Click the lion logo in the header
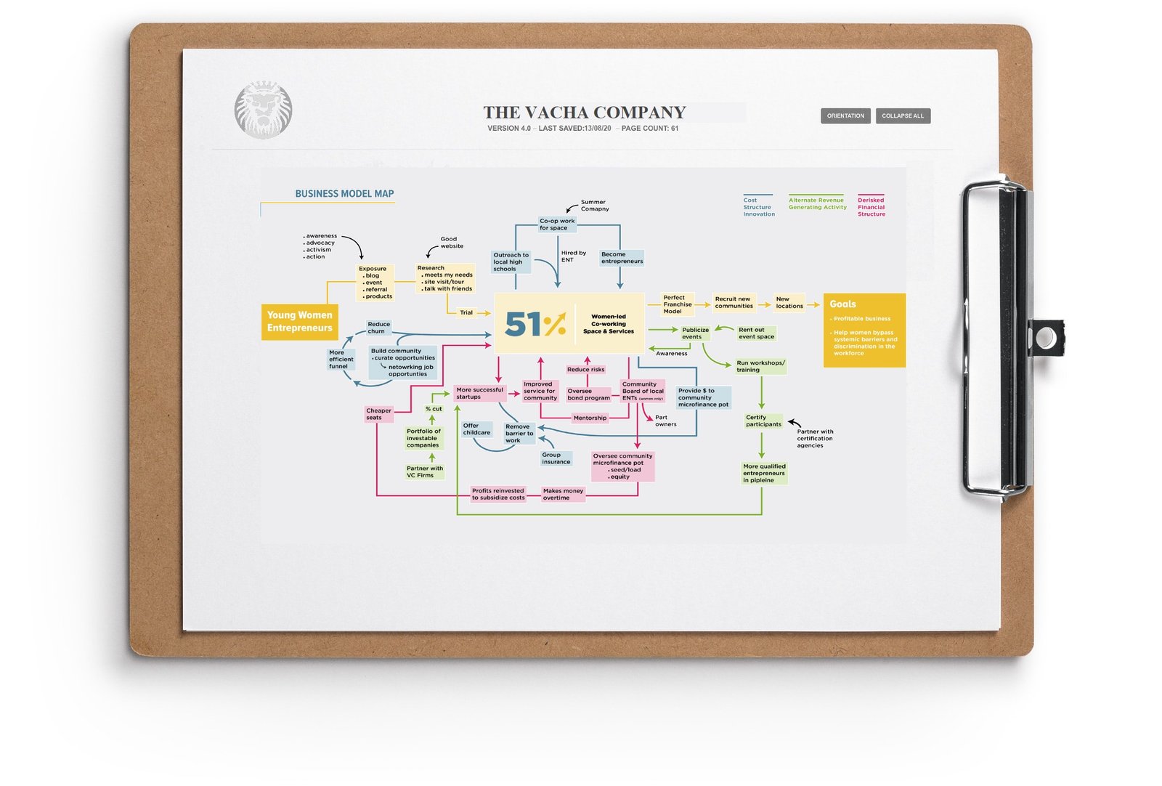263,110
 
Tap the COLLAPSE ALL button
903,116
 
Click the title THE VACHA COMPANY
585,113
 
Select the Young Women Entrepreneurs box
299,322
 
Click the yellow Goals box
864,330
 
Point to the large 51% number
535,324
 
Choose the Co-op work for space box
557,224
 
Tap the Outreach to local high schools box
511,262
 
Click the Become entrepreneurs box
622,258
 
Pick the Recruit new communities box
734,302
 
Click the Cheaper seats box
378,414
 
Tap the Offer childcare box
476,429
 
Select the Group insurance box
556,458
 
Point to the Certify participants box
763,421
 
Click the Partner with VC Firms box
425,471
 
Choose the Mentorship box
590,418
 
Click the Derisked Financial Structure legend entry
871,207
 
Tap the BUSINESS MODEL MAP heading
344,194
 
